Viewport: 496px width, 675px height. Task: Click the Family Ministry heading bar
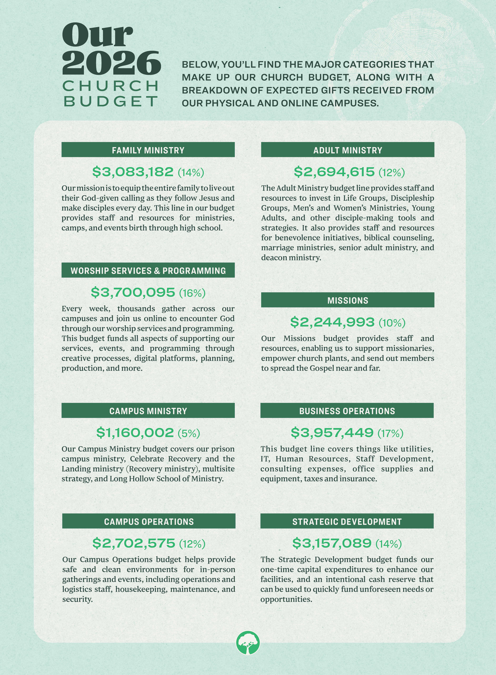(x=148, y=150)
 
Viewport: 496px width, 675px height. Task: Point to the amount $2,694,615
(x=334, y=172)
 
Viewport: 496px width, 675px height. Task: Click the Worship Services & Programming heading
(x=148, y=270)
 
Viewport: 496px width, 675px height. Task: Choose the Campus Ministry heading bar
(x=148, y=410)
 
